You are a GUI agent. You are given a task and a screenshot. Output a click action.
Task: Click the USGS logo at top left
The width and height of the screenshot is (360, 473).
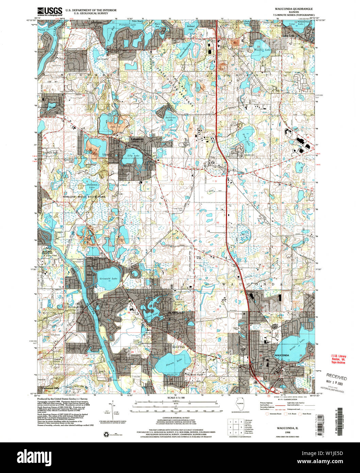point(50,12)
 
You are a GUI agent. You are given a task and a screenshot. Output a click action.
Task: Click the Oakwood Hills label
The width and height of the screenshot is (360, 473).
point(50,388)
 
